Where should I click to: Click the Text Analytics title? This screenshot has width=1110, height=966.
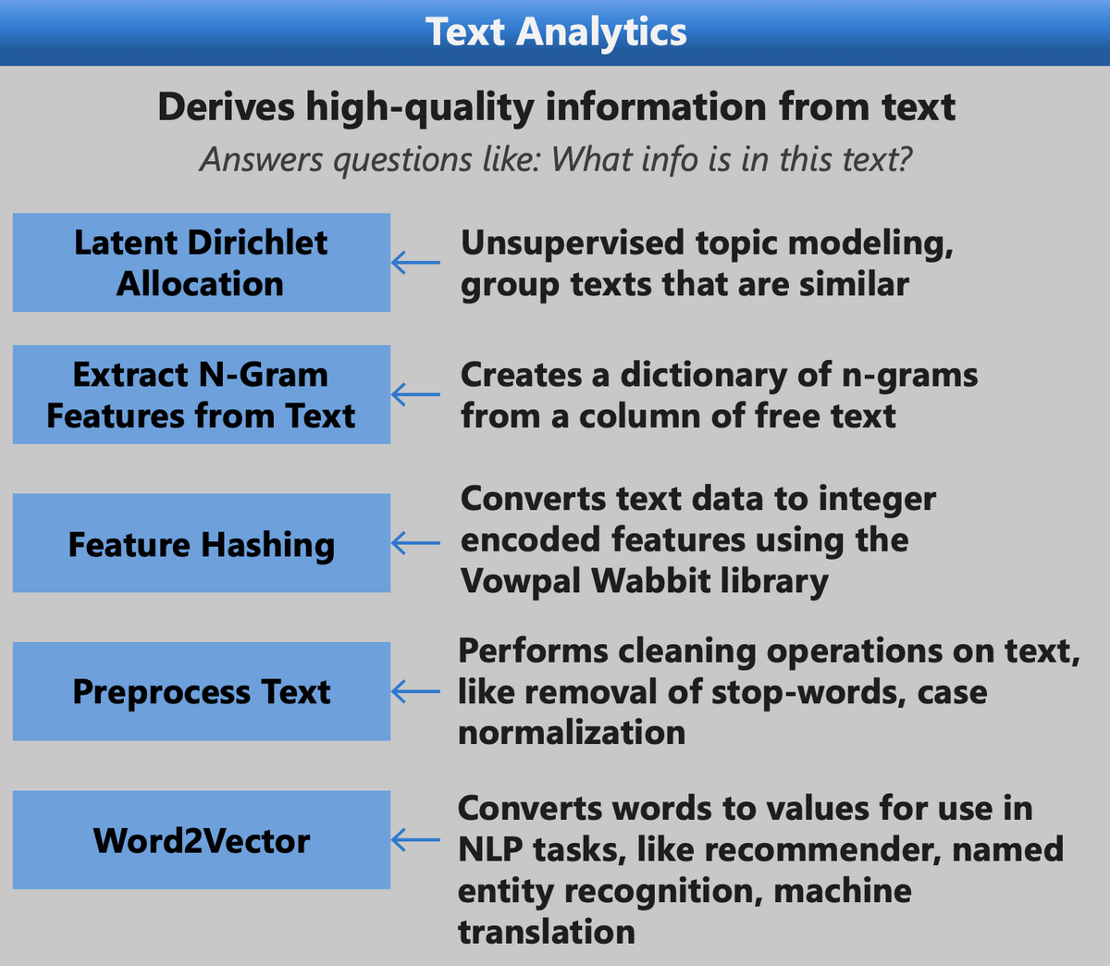pos(556,32)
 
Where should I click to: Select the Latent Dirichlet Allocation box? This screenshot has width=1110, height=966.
pos(202,262)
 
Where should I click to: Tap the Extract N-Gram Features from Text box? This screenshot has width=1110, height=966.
pos(202,394)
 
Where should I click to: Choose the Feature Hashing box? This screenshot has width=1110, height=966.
pos(202,543)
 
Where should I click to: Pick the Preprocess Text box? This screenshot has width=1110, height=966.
pos(202,691)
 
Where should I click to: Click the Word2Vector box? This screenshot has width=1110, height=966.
pos(202,839)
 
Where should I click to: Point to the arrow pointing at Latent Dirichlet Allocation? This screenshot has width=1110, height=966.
pos(415,262)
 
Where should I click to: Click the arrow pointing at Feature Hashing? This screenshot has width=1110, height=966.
pos(415,543)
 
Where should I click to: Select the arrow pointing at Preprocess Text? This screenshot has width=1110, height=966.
pos(415,691)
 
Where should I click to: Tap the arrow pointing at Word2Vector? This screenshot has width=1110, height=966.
pos(415,839)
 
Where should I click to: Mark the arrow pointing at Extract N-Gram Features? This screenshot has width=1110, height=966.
pos(415,394)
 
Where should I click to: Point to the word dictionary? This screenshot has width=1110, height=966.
pos(704,376)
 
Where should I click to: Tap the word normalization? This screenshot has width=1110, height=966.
pos(572,733)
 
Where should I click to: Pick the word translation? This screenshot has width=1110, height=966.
pos(547,933)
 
